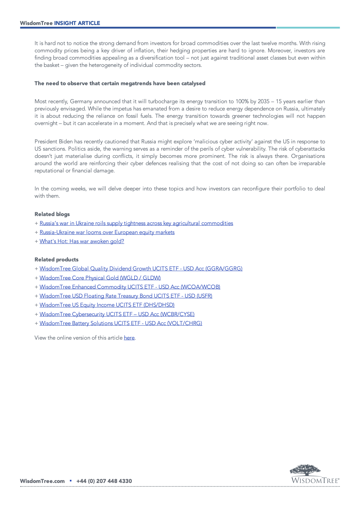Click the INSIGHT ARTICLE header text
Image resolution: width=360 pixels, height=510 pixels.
pos(77,23)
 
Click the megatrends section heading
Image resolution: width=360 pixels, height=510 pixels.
pos(120,83)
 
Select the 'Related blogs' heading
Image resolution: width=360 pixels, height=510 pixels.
pos(52,214)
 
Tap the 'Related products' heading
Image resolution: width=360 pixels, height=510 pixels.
pos(56,260)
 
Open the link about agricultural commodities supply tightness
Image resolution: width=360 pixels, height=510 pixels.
pos(136,223)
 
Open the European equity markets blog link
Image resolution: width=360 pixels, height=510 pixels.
pos(107,232)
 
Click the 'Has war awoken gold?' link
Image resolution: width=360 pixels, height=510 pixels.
pos(82,241)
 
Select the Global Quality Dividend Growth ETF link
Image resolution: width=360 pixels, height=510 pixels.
pos(141,269)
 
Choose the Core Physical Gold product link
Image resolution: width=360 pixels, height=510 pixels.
pos(100,278)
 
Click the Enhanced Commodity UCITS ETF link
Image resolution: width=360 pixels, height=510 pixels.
pos(130,287)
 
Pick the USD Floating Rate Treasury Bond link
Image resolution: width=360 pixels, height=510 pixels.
pos(126,296)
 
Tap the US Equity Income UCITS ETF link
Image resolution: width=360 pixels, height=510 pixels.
pos(107,305)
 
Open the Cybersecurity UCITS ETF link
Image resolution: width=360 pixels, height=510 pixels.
pos(117,314)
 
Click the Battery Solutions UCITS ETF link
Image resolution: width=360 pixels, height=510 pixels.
pos(121,323)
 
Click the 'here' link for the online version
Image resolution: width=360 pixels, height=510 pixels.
pos(129,338)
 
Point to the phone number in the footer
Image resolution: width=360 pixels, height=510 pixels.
pos(104,481)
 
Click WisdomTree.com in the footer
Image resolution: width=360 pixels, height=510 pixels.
pos(42,481)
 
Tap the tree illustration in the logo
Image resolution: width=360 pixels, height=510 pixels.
pos(305,470)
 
